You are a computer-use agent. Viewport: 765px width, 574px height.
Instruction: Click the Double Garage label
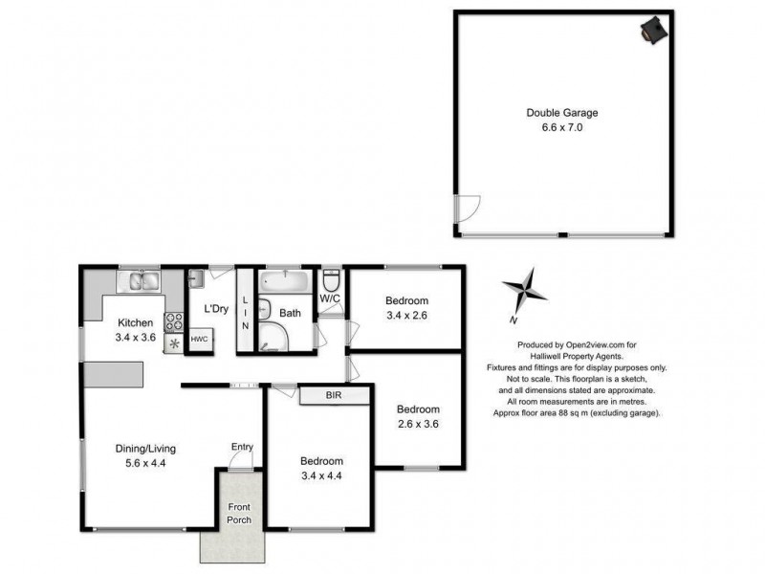click(562, 112)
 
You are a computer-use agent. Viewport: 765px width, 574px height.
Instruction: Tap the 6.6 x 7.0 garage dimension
click(562, 126)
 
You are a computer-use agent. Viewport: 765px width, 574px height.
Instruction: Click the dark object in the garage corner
click(654, 31)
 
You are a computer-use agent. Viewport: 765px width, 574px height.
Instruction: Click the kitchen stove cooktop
click(174, 324)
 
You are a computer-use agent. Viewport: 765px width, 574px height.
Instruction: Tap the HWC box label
click(199, 339)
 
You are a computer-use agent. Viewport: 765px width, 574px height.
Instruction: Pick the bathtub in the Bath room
click(286, 282)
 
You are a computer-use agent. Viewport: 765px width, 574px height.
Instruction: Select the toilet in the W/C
click(331, 282)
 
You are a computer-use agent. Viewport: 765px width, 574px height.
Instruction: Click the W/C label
click(330, 299)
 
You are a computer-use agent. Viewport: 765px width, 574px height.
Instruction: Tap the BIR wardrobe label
click(334, 394)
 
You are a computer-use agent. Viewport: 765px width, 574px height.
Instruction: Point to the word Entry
click(242, 447)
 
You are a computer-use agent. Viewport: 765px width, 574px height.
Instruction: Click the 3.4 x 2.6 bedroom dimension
click(407, 314)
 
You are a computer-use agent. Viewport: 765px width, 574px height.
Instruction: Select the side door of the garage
click(466, 211)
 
